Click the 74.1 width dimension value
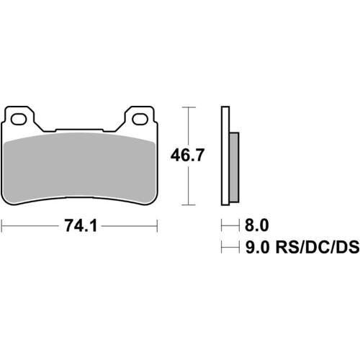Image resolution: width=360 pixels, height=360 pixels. pos(81,226)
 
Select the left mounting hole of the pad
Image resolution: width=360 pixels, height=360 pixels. pos(21,118)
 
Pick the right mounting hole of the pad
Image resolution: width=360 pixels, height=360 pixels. pos(139,118)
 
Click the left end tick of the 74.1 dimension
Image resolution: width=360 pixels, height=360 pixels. pos(3,226)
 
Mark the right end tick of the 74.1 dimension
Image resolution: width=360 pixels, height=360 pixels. pos(158,226)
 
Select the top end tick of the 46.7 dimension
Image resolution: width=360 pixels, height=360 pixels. pos(189,107)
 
